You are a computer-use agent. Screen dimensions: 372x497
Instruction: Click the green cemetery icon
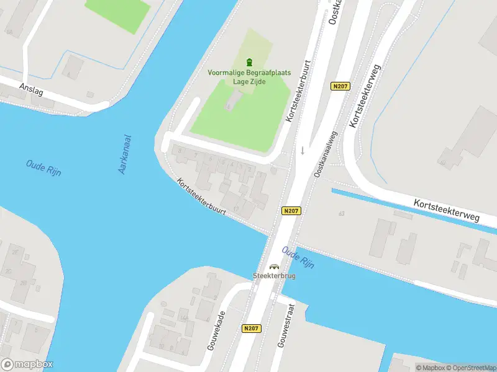250,62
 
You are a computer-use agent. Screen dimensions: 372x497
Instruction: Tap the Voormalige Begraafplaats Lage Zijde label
249,77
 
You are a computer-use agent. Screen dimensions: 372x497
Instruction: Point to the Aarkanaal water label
127,154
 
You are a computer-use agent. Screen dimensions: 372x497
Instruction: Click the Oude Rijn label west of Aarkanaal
43,168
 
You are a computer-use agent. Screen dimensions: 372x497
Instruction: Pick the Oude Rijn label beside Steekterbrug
298,257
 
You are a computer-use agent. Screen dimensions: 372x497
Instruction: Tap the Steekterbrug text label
273,276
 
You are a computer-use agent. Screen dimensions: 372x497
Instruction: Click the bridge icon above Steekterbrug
273,267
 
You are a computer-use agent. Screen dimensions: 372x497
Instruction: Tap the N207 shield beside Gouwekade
252,329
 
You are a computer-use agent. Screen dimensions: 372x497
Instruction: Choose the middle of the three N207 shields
291,211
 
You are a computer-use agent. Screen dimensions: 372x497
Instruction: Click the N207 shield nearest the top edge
339,87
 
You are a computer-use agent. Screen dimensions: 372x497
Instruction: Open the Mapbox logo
27,365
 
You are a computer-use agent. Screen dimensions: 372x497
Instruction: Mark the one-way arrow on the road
303,150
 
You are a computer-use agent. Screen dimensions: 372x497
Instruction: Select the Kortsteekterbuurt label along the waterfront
201,197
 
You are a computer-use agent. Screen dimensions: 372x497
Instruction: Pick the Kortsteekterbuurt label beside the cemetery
297,91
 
